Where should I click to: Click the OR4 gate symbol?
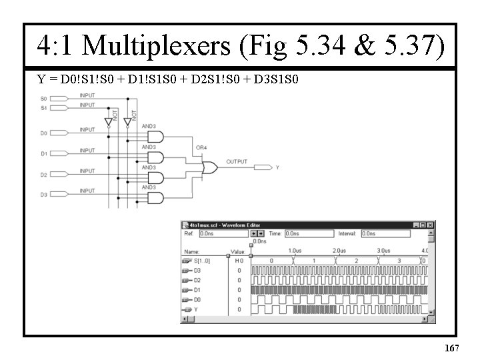point(207,167)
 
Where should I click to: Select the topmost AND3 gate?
point(155,137)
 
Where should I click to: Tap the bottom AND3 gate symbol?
point(155,198)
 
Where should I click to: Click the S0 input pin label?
point(43,99)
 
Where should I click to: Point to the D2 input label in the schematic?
point(43,175)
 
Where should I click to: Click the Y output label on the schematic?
point(277,167)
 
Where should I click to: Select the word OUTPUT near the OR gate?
point(237,162)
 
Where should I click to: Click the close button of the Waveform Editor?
point(430,225)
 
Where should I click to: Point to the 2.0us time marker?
point(338,251)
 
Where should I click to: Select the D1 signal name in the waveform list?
point(197,291)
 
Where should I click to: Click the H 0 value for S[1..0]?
point(239,261)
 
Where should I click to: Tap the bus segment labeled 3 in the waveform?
point(399,261)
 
